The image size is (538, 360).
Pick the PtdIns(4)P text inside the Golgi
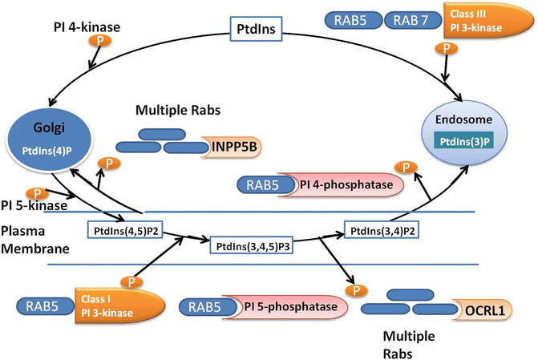(47, 152)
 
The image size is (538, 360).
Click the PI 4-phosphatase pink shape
(351, 185)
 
